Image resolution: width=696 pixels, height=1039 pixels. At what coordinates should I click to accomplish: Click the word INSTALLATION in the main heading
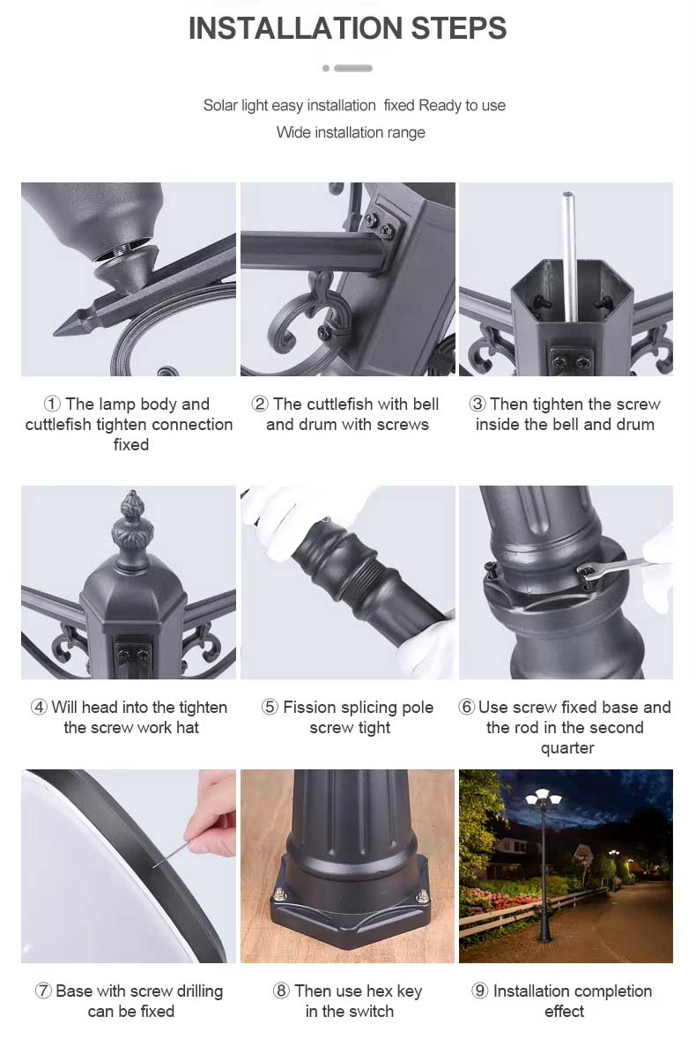[x=295, y=28]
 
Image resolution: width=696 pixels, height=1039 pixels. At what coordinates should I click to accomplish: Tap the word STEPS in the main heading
[x=459, y=28]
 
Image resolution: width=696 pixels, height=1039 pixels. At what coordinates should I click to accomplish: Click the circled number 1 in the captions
[x=52, y=404]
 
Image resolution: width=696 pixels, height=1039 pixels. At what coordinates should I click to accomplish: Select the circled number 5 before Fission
[x=270, y=707]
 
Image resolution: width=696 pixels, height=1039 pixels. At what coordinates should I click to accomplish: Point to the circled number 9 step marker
[x=480, y=991]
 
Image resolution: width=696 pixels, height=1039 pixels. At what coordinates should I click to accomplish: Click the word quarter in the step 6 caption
[x=567, y=748]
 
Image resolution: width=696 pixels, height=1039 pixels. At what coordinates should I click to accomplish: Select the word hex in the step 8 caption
[x=380, y=991]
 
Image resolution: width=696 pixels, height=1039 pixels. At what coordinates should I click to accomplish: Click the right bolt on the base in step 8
[x=423, y=898]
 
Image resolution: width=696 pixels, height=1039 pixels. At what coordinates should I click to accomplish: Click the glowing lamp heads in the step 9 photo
[x=543, y=798]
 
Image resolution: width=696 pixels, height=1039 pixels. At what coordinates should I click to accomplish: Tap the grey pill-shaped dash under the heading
[x=353, y=68]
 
